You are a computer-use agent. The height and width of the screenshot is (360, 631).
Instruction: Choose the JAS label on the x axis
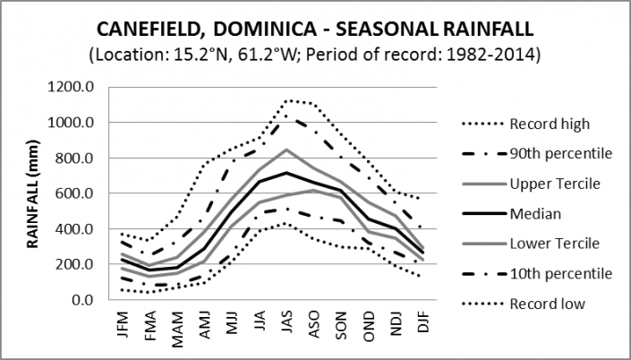286,323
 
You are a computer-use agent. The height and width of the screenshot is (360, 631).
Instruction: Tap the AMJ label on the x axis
205,323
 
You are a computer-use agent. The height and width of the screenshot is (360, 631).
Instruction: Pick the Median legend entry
534,213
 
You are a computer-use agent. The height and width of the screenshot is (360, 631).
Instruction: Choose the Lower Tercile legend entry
550,243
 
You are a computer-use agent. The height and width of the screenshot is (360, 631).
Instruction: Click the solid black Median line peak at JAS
286,173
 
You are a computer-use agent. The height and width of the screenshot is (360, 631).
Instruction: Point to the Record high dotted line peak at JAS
286,100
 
